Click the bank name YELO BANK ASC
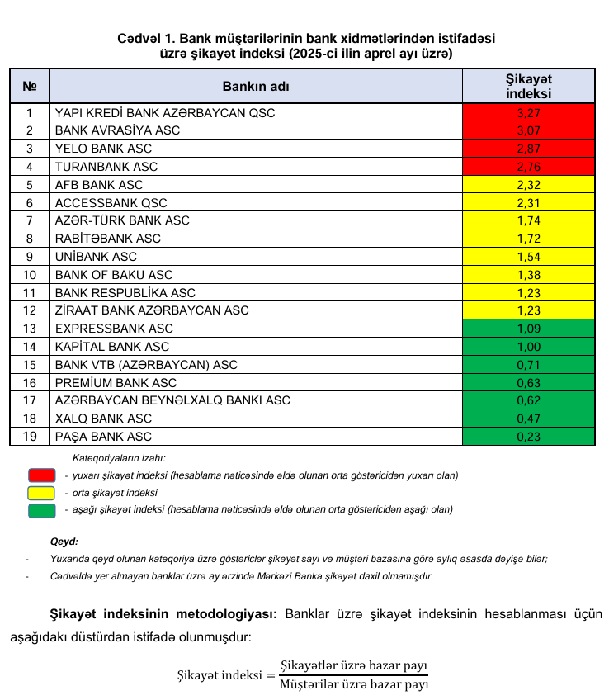point(103,149)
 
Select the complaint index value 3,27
point(528,112)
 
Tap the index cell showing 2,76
point(528,167)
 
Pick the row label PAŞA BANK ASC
point(103,437)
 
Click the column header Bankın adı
point(256,86)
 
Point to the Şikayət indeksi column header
point(528,86)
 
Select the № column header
point(30,86)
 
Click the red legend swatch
point(40,475)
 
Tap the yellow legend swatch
point(40,493)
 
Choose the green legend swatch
point(40,510)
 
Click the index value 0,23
point(528,437)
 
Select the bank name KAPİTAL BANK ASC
point(111,347)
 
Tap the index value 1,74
point(528,220)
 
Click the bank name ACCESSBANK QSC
point(111,203)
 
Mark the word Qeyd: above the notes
point(64,542)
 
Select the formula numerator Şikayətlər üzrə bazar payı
point(354,665)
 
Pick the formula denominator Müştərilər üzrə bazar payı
point(354,684)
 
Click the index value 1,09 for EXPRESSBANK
point(528,329)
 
